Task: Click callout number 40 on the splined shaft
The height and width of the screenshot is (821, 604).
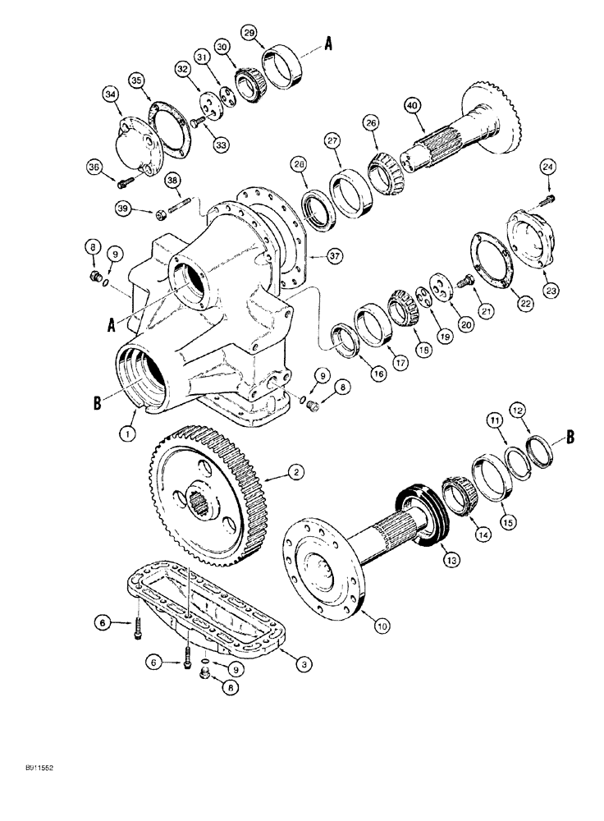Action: click(412, 105)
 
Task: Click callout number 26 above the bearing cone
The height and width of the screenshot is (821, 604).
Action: click(373, 122)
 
